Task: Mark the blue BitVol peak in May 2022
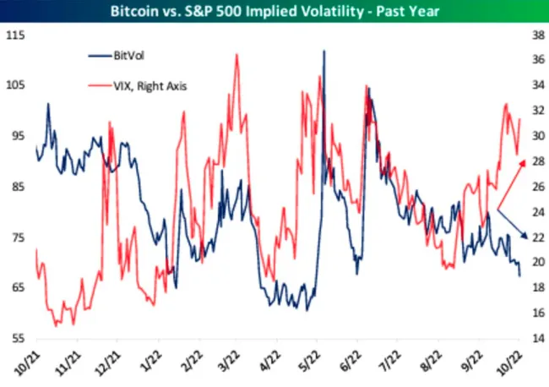coord(323,51)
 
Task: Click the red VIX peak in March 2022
coord(236,55)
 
